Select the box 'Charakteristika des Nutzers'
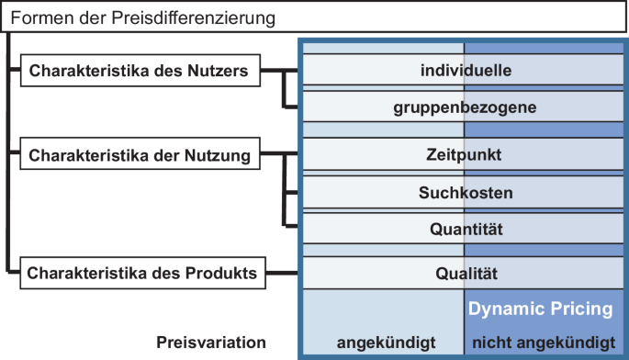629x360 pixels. (x=140, y=72)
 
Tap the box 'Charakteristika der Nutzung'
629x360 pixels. (x=140, y=155)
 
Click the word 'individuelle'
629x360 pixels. (x=464, y=70)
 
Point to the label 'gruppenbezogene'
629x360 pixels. (x=464, y=107)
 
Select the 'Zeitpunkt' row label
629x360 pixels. (x=464, y=154)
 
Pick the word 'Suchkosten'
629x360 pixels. (x=464, y=194)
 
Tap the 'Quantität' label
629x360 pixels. (x=464, y=228)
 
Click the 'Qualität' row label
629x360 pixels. (x=464, y=273)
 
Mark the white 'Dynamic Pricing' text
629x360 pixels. (x=540, y=309)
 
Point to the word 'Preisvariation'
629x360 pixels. (x=211, y=343)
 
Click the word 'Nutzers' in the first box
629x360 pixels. (x=220, y=72)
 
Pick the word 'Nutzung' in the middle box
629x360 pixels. (x=222, y=155)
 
